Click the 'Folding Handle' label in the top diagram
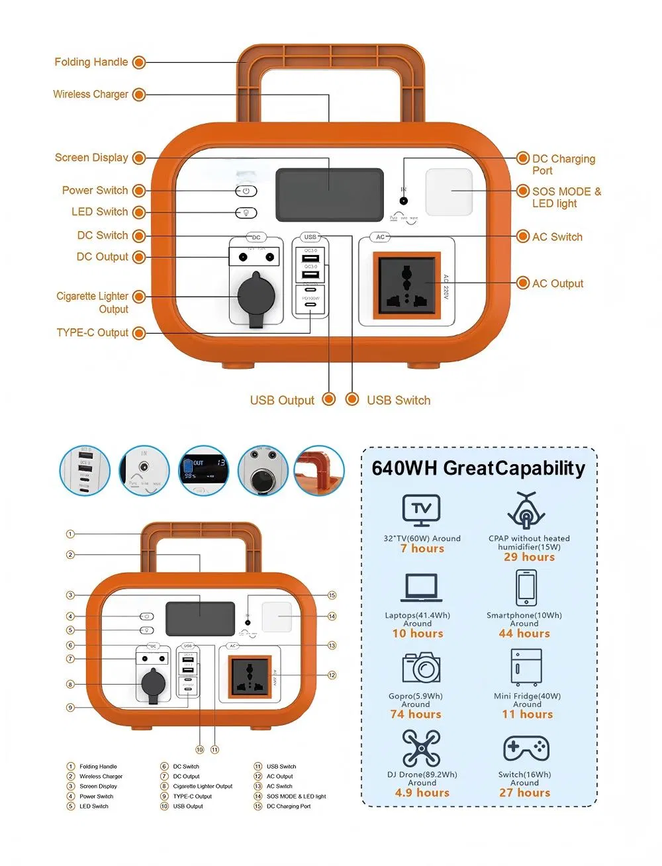point(91,62)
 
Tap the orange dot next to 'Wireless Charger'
point(139,95)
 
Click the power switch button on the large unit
point(246,191)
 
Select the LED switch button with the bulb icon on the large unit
point(246,213)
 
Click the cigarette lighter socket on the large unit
point(256,297)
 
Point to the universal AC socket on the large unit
point(406,285)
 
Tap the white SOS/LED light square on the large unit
point(449,192)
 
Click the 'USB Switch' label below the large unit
point(399,400)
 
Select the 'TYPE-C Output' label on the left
point(92,332)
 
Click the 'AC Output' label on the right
point(557,283)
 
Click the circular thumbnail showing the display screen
point(203,471)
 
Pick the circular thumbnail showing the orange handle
point(320,471)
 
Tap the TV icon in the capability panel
point(421,510)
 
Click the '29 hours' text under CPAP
point(529,557)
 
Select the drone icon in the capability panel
point(421,748)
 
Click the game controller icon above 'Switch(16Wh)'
point(526,749)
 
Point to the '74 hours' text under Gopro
point(415,714)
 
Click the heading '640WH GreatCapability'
point(478,468)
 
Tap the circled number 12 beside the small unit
point(332,675)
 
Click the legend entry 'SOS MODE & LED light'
point(296,796)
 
